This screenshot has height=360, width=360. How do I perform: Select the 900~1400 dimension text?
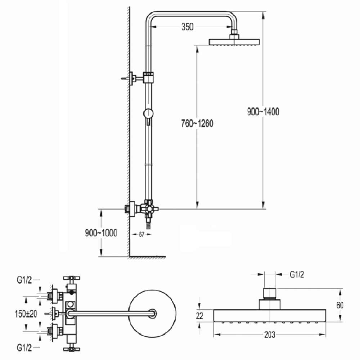click(263, 112)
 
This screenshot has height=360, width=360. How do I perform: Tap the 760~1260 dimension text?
click(197, 124)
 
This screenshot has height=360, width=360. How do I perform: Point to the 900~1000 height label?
click(102, 233)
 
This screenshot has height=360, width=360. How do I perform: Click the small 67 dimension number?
click(141, 234)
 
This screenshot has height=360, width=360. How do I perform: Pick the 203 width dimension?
click(270, 335)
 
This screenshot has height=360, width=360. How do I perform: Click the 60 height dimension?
click(340, 305)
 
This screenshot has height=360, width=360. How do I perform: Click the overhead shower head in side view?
click(235, 41)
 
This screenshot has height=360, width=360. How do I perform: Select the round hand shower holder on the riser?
click(148, 114)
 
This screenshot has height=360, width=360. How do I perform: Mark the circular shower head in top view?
click(153, 313)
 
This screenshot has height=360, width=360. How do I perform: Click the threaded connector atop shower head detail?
click(270, 294)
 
